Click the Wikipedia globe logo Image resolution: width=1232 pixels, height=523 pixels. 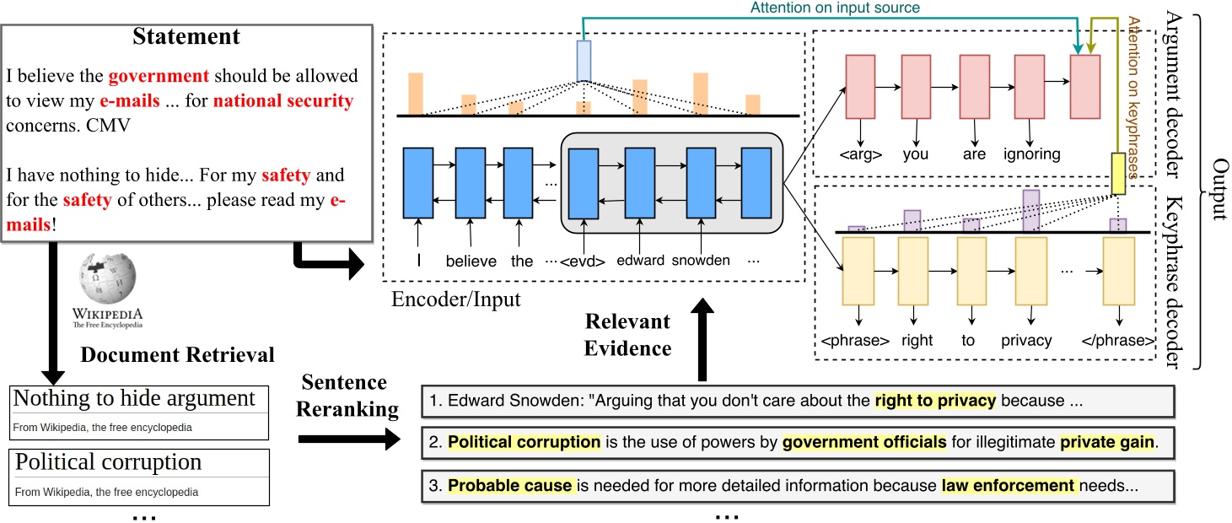(x=108, y=278)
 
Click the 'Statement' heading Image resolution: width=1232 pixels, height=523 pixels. (x=186, y=36)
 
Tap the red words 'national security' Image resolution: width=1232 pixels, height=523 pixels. (x=283, y=100)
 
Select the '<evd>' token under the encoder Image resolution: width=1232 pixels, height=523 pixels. (x=583, y=261)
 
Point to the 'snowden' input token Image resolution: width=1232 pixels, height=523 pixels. (x=701, y=260)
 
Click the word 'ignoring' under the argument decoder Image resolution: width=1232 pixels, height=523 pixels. (x=1032, y=154)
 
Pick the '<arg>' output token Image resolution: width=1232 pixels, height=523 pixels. (x=861, y=154)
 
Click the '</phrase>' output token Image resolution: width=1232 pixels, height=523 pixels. (x=1117, y=341)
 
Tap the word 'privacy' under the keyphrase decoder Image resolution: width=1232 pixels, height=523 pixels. (x=1026, y=341)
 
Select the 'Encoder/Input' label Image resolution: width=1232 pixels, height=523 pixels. (x=456, y=299)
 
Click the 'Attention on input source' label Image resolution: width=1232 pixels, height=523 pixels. (x=835, y=8)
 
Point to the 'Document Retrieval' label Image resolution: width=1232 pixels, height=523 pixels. (x=177, y=355)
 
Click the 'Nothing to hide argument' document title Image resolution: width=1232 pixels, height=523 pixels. (x=134, y=398)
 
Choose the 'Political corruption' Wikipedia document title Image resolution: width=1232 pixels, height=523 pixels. (x=108, y=462)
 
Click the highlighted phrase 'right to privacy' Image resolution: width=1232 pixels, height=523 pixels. (x=935, y=401)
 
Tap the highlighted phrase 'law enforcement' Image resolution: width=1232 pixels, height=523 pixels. (x=1009, y=486)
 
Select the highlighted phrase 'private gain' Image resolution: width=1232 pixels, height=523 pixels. (x=1106, y=442)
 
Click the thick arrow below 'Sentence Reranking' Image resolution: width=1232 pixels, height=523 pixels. (x=349, y=439)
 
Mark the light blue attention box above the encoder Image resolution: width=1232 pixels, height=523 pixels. (x=584, y=61)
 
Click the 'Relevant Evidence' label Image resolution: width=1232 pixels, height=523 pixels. (x=627, y=335)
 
